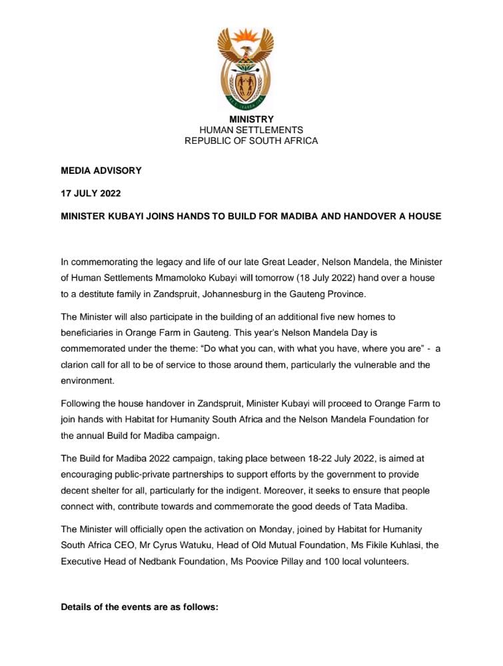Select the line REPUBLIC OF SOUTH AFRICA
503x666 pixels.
(251, 141)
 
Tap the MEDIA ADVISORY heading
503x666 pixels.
(101, 170)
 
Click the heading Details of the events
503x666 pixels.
(139, 607)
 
